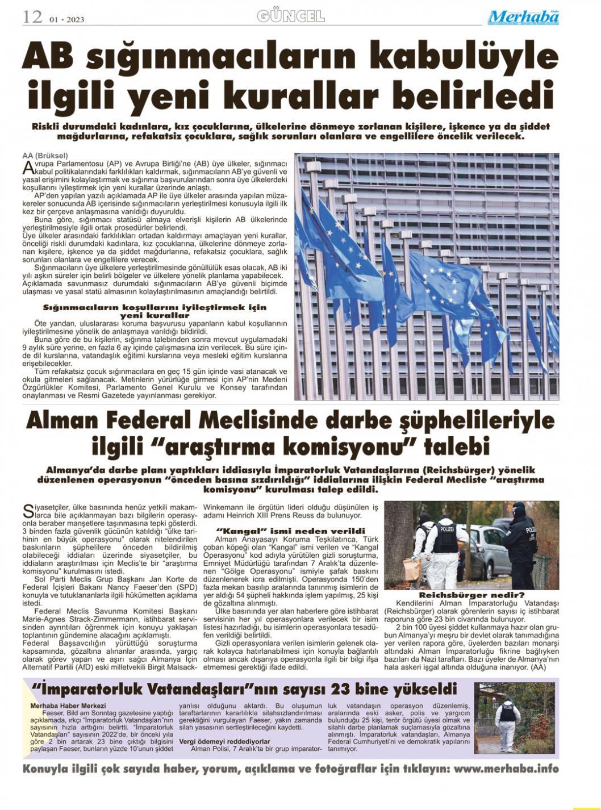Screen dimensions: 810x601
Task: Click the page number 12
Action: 32,17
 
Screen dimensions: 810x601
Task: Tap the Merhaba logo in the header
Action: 523,18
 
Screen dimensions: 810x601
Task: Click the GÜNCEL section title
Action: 291,16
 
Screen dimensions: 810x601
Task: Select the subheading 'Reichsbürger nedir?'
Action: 471,595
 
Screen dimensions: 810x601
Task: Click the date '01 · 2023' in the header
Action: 66,20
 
